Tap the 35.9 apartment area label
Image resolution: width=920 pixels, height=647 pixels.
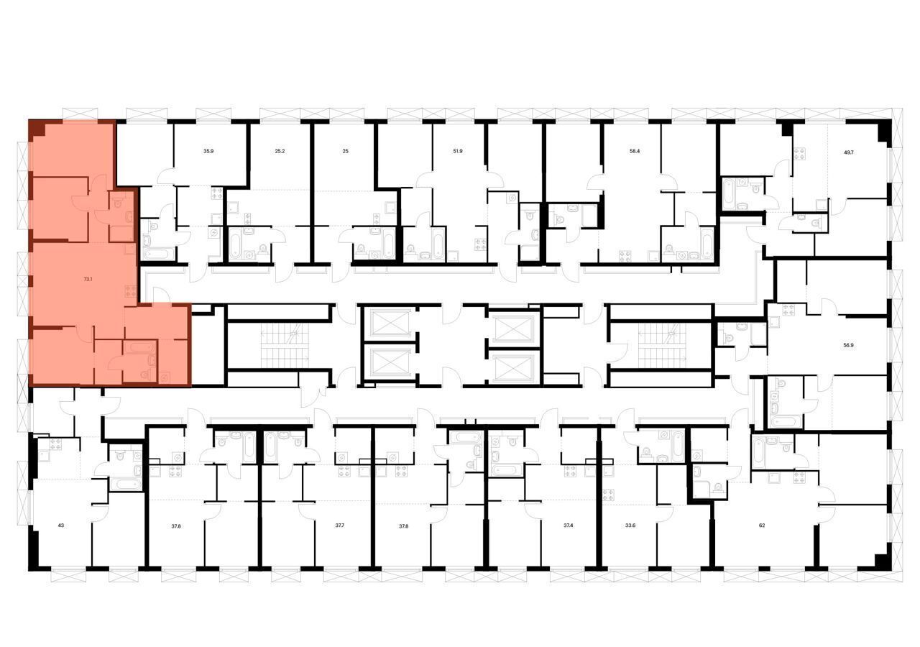click(x=208, y=152)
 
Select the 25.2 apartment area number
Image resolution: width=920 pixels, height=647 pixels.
click(x=280, y=152)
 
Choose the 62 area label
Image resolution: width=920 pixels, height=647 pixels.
click(x=762, y=526)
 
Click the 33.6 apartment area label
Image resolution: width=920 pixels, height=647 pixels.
click(x=630, y=526)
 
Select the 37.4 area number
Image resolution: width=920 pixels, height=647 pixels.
click(x=569, y=526)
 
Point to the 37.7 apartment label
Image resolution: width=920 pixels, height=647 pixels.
click(x=340, y=526)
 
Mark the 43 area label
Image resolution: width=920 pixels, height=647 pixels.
click(x=61, y=526)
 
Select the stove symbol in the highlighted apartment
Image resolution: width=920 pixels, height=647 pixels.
click(x=131, y=291)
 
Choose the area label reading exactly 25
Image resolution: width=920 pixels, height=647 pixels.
click(x=346, y=152)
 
